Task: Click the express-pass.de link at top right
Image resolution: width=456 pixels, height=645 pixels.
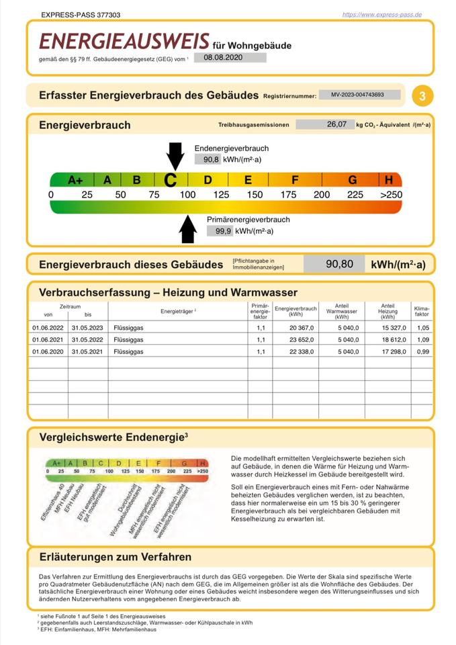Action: [381, 14]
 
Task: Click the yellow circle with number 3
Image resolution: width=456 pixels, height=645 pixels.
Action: [422, 96]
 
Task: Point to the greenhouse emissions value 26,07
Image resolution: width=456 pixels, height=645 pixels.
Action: [336, 124]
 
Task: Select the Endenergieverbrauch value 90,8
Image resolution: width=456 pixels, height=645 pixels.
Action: [203, 159]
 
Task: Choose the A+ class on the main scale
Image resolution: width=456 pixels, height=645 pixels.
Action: [75, 180]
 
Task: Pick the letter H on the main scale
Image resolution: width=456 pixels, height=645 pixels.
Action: [389, 180]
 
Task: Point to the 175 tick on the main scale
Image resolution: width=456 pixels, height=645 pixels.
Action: [288, 195]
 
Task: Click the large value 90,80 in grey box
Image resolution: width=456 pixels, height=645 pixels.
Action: [339, 264]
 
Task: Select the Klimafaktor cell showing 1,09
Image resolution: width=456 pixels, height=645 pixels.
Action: [422, 339]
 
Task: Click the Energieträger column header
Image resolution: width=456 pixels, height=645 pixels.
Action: [178, 311]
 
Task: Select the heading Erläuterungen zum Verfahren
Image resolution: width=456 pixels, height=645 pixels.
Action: [116, 557]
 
